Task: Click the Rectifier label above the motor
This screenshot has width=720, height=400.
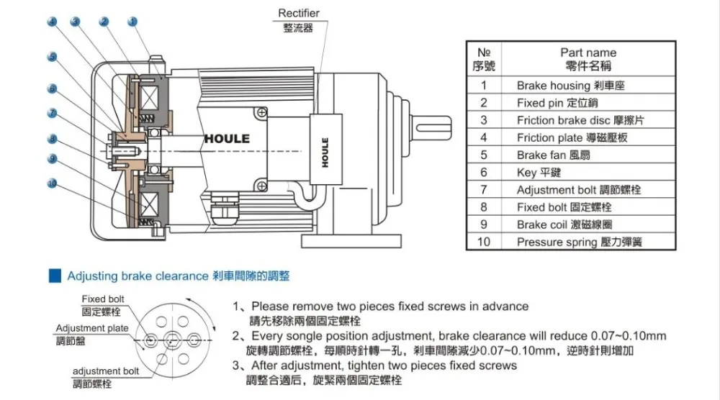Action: click(x=299, y=14)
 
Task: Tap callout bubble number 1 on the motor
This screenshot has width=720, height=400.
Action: click(x=132, y=22)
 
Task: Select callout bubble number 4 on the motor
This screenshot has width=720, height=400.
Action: click(x=52, y=22)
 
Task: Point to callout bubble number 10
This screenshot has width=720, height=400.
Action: click(x=51, y=183)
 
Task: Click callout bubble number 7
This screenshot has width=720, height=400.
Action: click(x=52, y=112)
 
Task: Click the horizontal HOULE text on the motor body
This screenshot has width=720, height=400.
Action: click(x=227, y=138)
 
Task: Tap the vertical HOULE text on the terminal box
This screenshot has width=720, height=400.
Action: click(x=325, y=152)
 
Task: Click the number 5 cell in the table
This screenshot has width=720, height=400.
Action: click(x=484, y=155)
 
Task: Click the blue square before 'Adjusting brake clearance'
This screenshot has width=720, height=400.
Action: click(x=53, y=276)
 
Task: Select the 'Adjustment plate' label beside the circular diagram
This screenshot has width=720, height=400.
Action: click(x=92, y=329)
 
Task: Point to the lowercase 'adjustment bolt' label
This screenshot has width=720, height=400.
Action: click(x=106, y=371)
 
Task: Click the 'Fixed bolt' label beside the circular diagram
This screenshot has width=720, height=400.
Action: click(x=103, y=299)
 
